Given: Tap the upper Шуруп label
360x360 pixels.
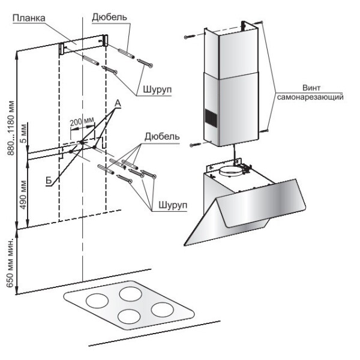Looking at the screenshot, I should [x=158, y=89].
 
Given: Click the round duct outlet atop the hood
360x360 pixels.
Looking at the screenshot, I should [x=231, y=172].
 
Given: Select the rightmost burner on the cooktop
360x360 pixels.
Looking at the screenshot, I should [x=163, y=310].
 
